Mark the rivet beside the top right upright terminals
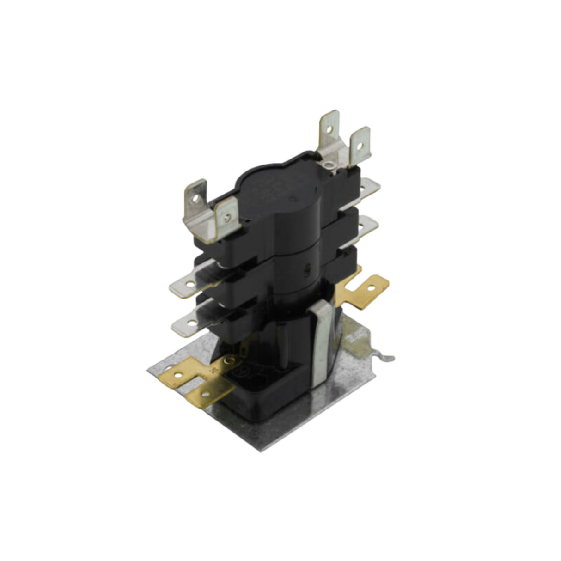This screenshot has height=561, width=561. [x=329, y=165]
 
